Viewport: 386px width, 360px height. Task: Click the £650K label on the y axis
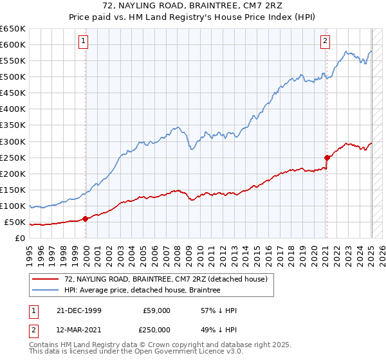(x=13, y=29)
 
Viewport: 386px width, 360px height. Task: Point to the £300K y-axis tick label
(x=13, y=141)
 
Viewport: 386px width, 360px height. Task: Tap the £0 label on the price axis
(x=20, y=239)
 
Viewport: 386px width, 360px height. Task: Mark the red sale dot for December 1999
(x=86, y=219)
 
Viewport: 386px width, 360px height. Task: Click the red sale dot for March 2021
(x=327, y=157)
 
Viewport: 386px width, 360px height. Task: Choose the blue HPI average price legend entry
(x=142, y=291)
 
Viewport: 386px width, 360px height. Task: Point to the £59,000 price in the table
(x=156, y=310)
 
